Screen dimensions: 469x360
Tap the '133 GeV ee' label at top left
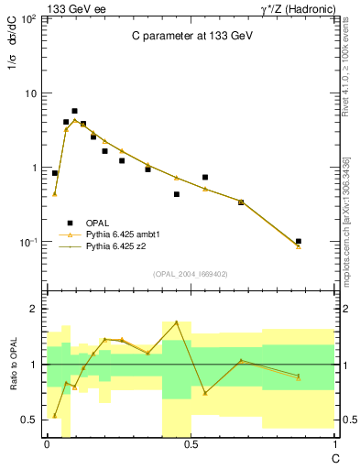(73, 7)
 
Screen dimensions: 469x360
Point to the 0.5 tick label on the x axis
(191, 443)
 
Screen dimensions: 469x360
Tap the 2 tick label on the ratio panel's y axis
(33, 310)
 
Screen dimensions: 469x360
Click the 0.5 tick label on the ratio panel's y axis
(29, 420)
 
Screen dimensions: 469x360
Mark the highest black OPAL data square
(74, 111)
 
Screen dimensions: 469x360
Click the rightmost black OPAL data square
(299, 241)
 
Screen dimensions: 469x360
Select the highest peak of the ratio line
(176, 322)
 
